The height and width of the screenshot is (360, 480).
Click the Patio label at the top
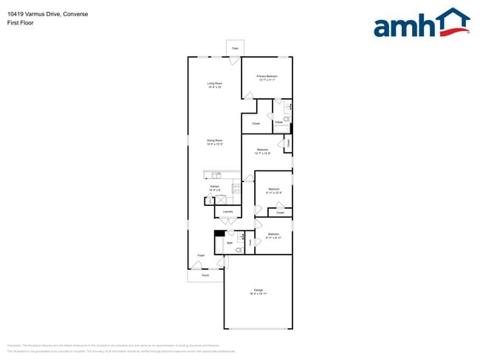tap(235, 49)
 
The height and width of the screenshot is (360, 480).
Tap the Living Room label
tap(215, 85)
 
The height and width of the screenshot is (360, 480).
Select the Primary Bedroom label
tap(267, 77)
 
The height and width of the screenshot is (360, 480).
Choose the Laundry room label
tap(228, 212)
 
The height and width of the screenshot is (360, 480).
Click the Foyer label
tap(200, 256)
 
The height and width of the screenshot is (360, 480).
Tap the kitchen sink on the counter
tap(216, 175)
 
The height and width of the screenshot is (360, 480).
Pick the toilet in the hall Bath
tap(239, 250)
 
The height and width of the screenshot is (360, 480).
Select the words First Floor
tap(21, 23)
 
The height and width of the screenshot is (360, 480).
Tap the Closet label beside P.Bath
tap(256, 123)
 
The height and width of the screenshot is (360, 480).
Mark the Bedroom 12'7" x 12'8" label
tap(263, 151)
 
